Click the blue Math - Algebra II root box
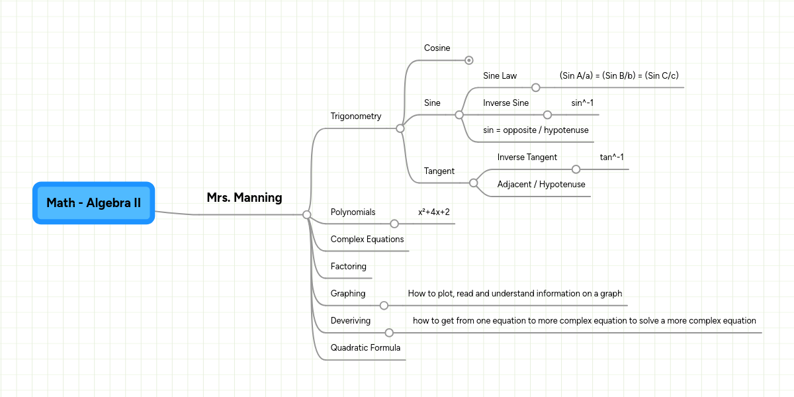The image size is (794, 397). [93, 203]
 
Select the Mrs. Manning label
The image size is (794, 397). [244, 197]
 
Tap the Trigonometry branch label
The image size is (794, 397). [356, 116]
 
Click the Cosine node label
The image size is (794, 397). [437, 48]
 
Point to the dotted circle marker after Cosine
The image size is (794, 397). [469, 60]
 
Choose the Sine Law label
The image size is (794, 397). [500, 76]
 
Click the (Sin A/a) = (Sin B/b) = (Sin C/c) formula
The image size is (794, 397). [619, 76]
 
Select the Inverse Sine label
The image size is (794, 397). [506, 103]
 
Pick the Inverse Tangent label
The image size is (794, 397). [527, 157]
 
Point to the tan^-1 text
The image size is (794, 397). [612, 157]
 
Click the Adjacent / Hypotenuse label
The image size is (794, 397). [541, 185]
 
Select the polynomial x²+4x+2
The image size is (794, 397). [433, 212]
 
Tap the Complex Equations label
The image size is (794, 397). [367, 240]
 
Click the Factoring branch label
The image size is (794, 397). [348, 267]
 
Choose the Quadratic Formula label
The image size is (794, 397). [365, 347]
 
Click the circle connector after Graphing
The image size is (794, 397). [384, 306]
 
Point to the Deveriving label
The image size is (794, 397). [351, 321]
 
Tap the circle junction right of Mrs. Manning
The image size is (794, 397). [306, 214]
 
